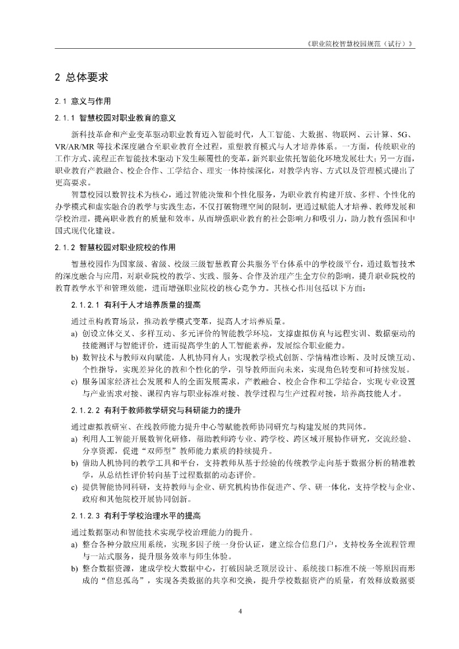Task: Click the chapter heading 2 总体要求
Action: [x=81, y=76]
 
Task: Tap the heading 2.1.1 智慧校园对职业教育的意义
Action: [x=115, y=118]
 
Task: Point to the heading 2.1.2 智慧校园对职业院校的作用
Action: [x=115, y=247]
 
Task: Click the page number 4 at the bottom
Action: [x=240, y=611]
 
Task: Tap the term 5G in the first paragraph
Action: [x=405, y=134]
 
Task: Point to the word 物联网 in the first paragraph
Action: [x=333, y=134]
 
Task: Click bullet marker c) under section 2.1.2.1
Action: [x=74, y=381]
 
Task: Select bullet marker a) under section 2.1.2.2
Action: [x=74, y=439]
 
